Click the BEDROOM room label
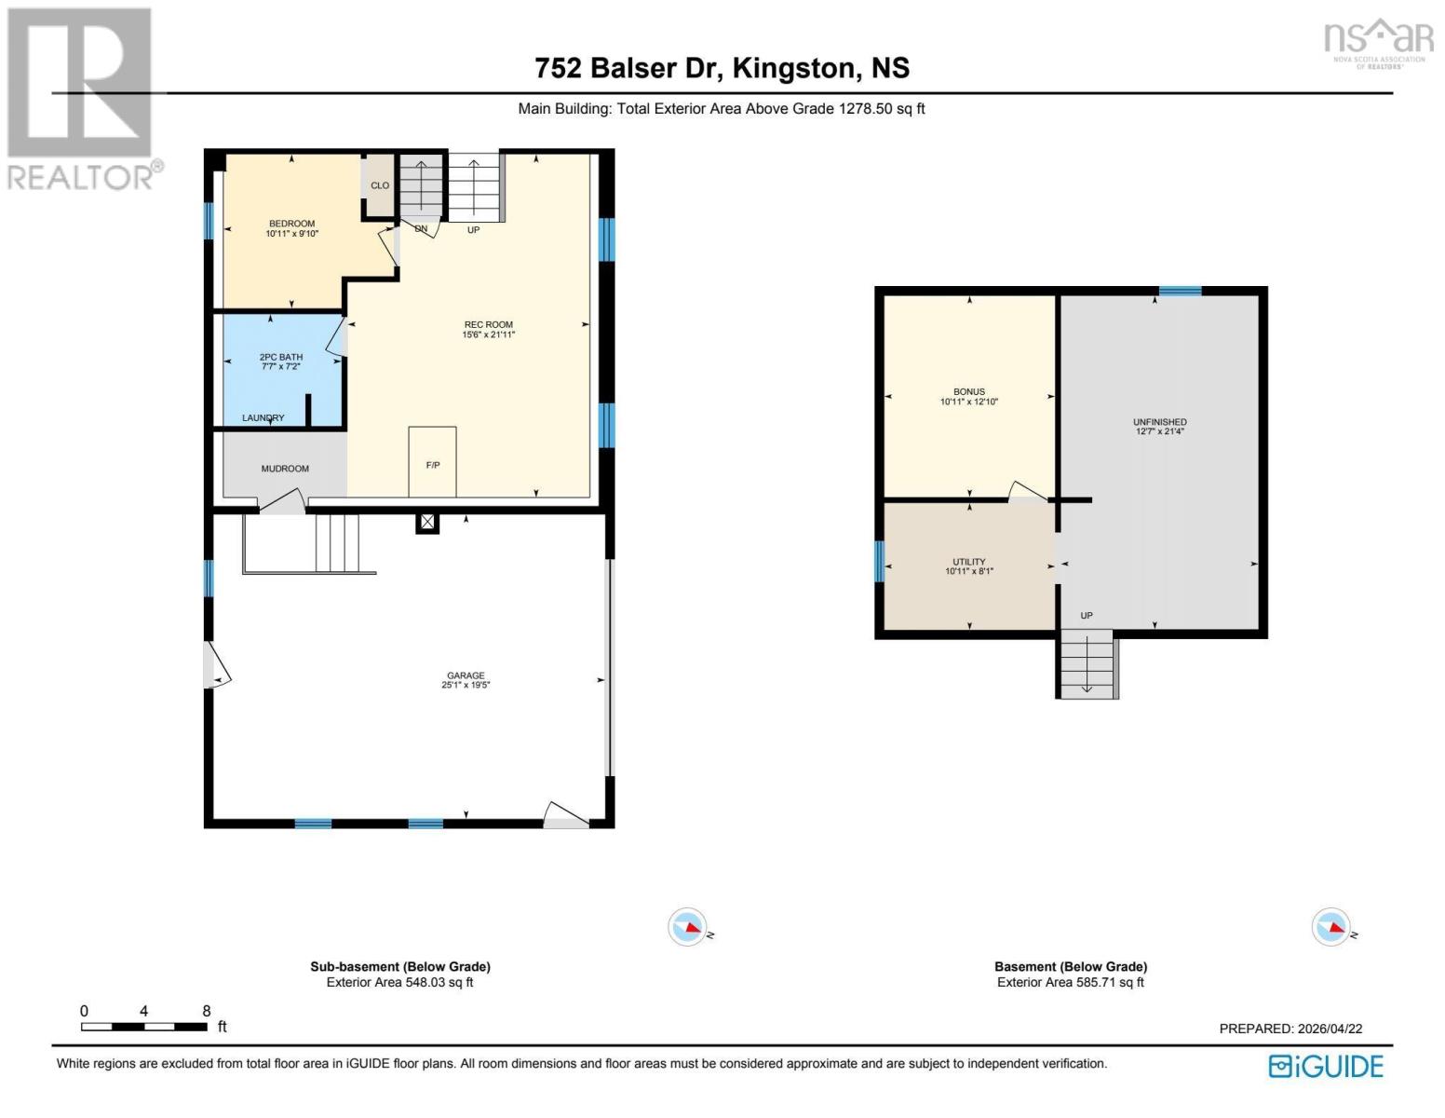pos(291,224)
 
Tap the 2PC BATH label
pos(280,357)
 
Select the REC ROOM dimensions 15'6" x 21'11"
pos(488,334)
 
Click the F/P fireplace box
pos(432,463)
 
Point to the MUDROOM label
pos(285,469)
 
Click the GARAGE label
pos(466,675)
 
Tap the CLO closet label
pos(380,185)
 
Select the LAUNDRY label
pos(263,417)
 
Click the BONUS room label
pos(968,392)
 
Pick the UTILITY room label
pos(968,562)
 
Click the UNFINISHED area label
pos(1159,422)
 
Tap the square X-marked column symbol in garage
pos(426,523)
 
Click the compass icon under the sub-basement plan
pos(688,927)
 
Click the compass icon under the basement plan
pos(1330,927)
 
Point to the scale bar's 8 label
pos(206,1011)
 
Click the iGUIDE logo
pos(1326,1066)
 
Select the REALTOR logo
pos(82,98)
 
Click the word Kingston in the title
pos(793,68)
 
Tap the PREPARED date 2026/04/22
pos(1330,1029)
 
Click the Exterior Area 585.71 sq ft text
pos(1070,982)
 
